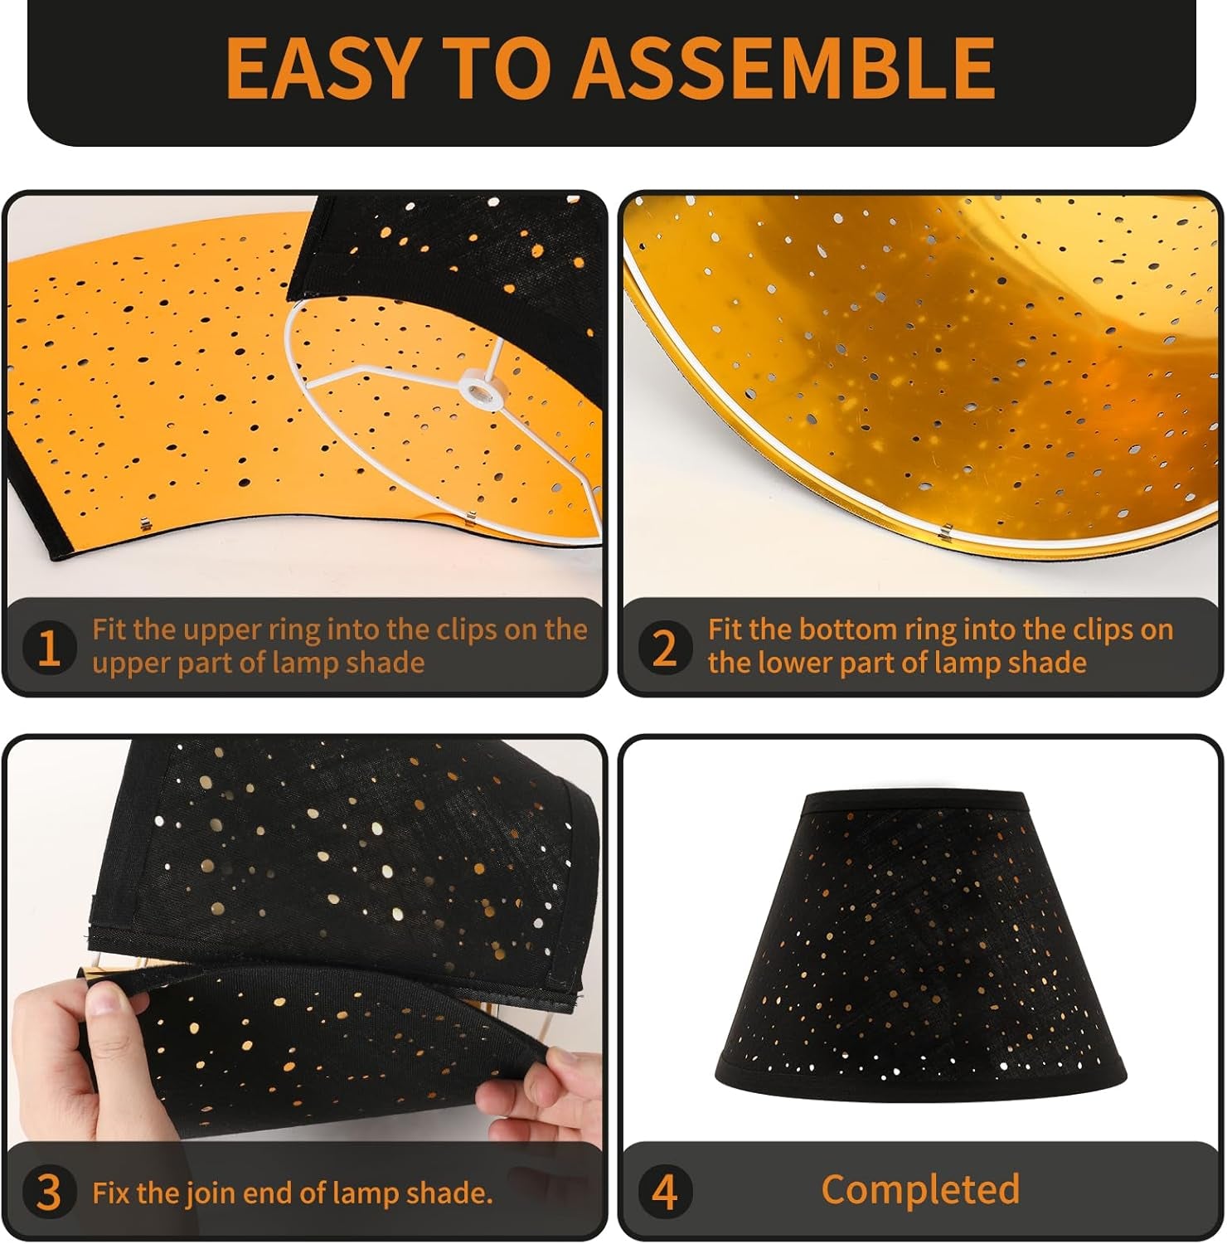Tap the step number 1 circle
pos(49,648)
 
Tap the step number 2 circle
pos(665,648)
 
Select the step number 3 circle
pos(49,1193)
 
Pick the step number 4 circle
pos(665,1193)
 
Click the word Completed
pos(920,1189)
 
